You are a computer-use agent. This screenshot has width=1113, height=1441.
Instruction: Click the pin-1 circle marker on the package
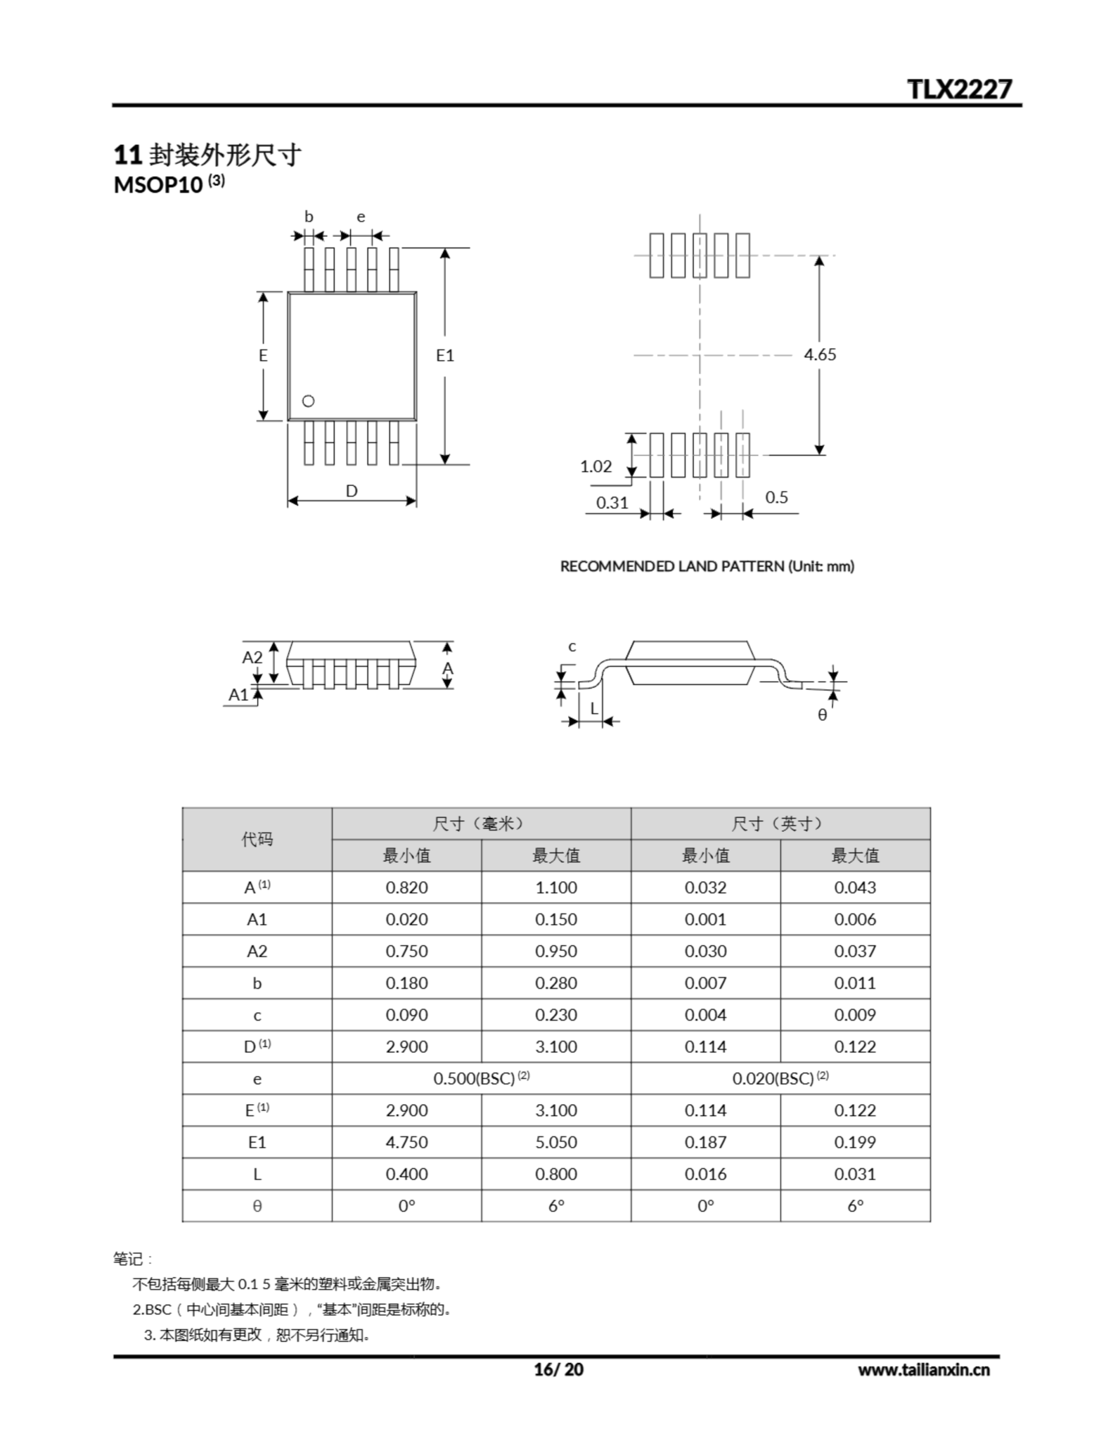(308, 401)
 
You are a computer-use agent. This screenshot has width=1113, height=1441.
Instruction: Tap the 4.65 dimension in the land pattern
(819, 355)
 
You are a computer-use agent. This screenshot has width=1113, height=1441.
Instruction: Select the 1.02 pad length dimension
(596, 467)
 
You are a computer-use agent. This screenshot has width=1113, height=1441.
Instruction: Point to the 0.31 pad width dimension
(612, 503)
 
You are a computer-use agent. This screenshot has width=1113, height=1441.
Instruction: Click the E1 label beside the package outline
(445, 356)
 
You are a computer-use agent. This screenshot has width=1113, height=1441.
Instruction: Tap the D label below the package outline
(352, 491)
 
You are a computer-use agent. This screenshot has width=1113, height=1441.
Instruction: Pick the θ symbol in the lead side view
(822, 715)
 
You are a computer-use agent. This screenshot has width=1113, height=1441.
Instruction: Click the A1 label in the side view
(238, 695)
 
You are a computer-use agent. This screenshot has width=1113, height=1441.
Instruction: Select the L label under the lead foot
(594, 709)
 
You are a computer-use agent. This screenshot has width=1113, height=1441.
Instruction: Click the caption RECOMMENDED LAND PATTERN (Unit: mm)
(707, 566)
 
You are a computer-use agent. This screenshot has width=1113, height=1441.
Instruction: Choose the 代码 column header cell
(257, 839)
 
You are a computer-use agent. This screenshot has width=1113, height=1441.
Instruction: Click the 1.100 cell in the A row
(555, 888)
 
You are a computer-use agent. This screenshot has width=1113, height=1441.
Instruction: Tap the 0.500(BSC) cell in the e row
(481, 1078)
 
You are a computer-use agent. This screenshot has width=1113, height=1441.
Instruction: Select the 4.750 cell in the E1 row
(406, 1142)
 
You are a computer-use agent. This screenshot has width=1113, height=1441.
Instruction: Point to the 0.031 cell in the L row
(855, 1174)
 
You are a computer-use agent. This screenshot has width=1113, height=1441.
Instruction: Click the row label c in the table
(257, 1015)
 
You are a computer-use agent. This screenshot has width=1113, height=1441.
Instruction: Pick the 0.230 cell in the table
(555, 1015)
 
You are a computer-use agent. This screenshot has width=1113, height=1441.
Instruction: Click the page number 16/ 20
(558, 1370)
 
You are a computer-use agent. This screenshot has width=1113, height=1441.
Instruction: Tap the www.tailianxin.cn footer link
(923, 1370)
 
